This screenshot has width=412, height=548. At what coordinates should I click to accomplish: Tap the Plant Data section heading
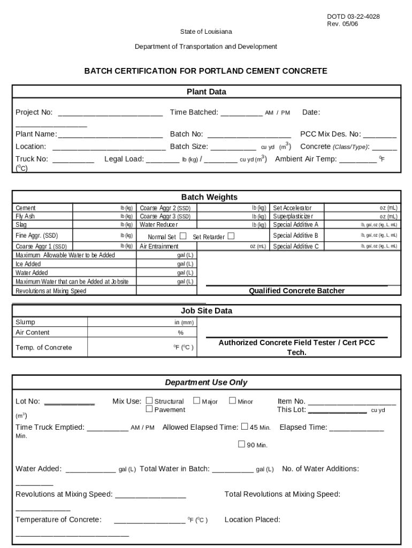pos(206,92)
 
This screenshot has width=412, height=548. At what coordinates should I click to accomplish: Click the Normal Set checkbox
pos(183,236)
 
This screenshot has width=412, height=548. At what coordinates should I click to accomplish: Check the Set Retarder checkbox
pos(231,236)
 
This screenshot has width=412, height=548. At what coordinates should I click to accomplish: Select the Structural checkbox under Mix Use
pos(149,400)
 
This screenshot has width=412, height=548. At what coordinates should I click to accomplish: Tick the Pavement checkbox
pos(149,409)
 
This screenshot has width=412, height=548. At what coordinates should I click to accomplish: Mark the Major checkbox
pos(196,400)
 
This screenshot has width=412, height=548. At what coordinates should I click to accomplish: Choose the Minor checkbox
pos(232,400)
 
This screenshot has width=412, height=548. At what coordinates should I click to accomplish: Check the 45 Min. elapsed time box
pos(245,427)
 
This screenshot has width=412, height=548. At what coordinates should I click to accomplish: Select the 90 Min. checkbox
pos(241,444)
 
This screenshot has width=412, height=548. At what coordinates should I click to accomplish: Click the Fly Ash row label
pos(25,216)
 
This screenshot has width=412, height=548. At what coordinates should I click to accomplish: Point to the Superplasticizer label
pos(293,216)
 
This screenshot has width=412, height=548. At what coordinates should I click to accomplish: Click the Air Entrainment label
pos(159,247)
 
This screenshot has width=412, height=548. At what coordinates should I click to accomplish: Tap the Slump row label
pos(26,322)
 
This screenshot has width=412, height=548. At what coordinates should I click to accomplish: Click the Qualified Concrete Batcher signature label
pos(296,291)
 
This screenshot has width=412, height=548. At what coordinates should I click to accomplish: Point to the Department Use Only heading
pos(206,383)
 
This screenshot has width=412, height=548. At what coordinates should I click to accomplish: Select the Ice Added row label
pos(28,264)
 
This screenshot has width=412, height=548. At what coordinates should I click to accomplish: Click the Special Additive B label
pos(295,235)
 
